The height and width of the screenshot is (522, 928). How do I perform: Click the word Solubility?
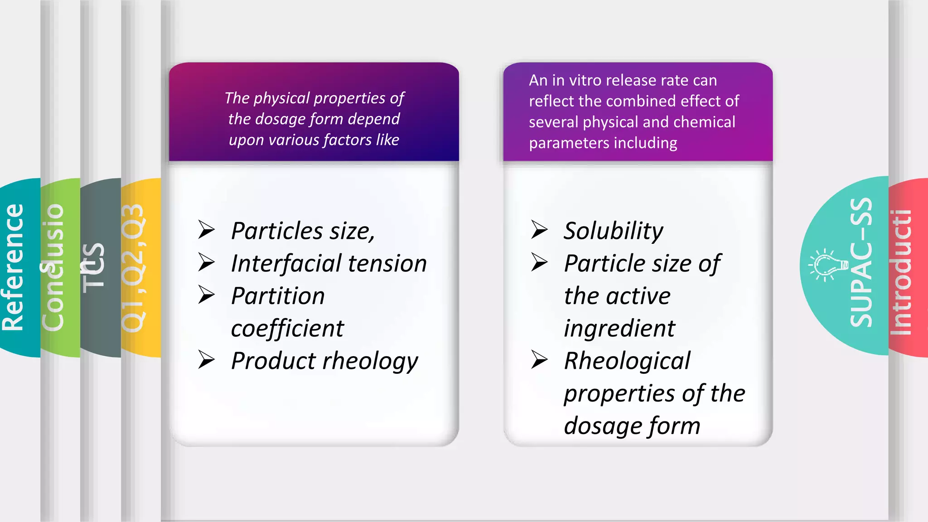613,231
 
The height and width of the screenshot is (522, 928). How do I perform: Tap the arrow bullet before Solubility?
539,230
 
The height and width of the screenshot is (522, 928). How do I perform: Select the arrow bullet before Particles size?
207,230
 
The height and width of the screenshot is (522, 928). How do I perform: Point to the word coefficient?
287,329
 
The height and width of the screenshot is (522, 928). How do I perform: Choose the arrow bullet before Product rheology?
207,360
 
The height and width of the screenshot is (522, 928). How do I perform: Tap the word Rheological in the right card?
627,361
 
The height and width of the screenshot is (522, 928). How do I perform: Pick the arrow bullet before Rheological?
539,360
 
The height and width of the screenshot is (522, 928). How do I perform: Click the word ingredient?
619,329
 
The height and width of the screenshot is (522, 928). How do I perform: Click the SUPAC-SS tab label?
861,263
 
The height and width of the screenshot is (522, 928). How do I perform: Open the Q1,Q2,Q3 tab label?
133,267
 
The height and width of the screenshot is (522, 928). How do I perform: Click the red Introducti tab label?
901,272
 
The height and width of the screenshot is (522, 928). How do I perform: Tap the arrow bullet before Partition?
207,295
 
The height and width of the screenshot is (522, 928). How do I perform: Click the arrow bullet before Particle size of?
539,262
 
